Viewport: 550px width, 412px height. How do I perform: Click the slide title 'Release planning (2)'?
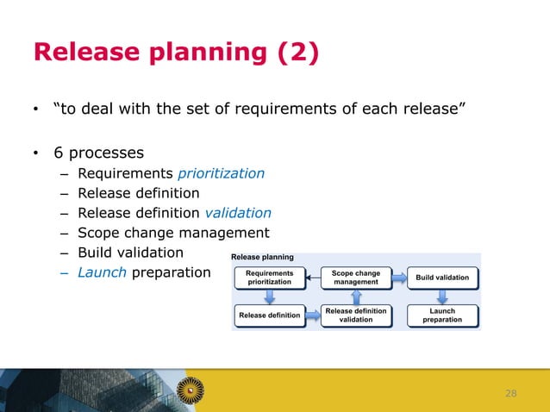176,53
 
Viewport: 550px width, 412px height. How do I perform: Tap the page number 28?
511,393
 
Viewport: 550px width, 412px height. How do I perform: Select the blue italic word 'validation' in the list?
238,213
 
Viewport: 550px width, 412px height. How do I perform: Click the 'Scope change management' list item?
173,233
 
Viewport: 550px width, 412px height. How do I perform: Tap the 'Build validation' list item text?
130,253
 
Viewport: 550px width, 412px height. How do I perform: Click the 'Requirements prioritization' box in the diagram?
270,277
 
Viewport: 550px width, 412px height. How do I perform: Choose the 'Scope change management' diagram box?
355,277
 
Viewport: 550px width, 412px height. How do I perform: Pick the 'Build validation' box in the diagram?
442,278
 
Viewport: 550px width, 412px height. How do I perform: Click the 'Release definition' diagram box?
270,315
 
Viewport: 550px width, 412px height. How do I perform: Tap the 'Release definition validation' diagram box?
355,315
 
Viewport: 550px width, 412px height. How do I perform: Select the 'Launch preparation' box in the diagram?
442,315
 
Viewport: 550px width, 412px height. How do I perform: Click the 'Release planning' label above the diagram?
262,257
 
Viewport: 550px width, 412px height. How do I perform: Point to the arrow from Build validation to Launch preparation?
442,297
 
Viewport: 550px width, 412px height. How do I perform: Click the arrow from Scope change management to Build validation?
399,277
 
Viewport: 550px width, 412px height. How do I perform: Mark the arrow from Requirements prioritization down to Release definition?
270,297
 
